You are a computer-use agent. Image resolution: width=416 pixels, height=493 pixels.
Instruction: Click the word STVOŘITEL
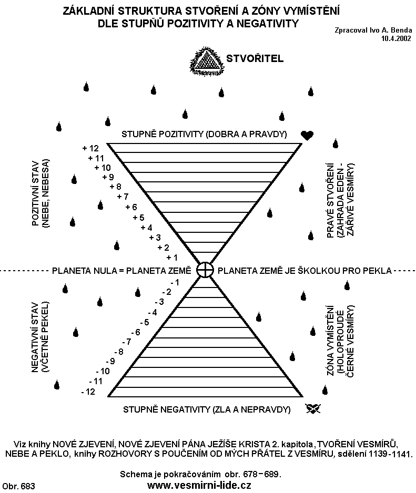point(255,58)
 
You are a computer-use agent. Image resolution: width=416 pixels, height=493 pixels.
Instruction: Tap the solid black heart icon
point(307,136)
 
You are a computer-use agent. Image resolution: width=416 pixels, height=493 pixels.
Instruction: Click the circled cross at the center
point(205,270)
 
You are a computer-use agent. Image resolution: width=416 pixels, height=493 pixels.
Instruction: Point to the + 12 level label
point(90,148)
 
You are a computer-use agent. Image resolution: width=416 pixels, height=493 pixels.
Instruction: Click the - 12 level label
point(88,392)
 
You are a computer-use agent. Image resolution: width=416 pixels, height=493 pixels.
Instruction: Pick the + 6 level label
point(131,207)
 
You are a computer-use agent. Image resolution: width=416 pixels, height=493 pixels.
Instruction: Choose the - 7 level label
point(126,342)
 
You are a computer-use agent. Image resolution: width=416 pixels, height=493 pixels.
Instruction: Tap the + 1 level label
point(171,258)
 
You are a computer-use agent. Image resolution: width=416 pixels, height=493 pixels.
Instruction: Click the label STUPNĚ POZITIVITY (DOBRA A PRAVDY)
point(204,134)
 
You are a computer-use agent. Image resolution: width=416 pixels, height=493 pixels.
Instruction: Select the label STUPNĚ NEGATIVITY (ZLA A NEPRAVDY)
point(207,409)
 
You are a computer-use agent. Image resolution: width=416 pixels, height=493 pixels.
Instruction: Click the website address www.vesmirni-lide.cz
point(201,485)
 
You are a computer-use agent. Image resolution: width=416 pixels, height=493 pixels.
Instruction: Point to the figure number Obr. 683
point(18,486)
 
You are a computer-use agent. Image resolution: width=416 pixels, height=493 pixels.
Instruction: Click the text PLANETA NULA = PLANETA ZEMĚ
point(121,271)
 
